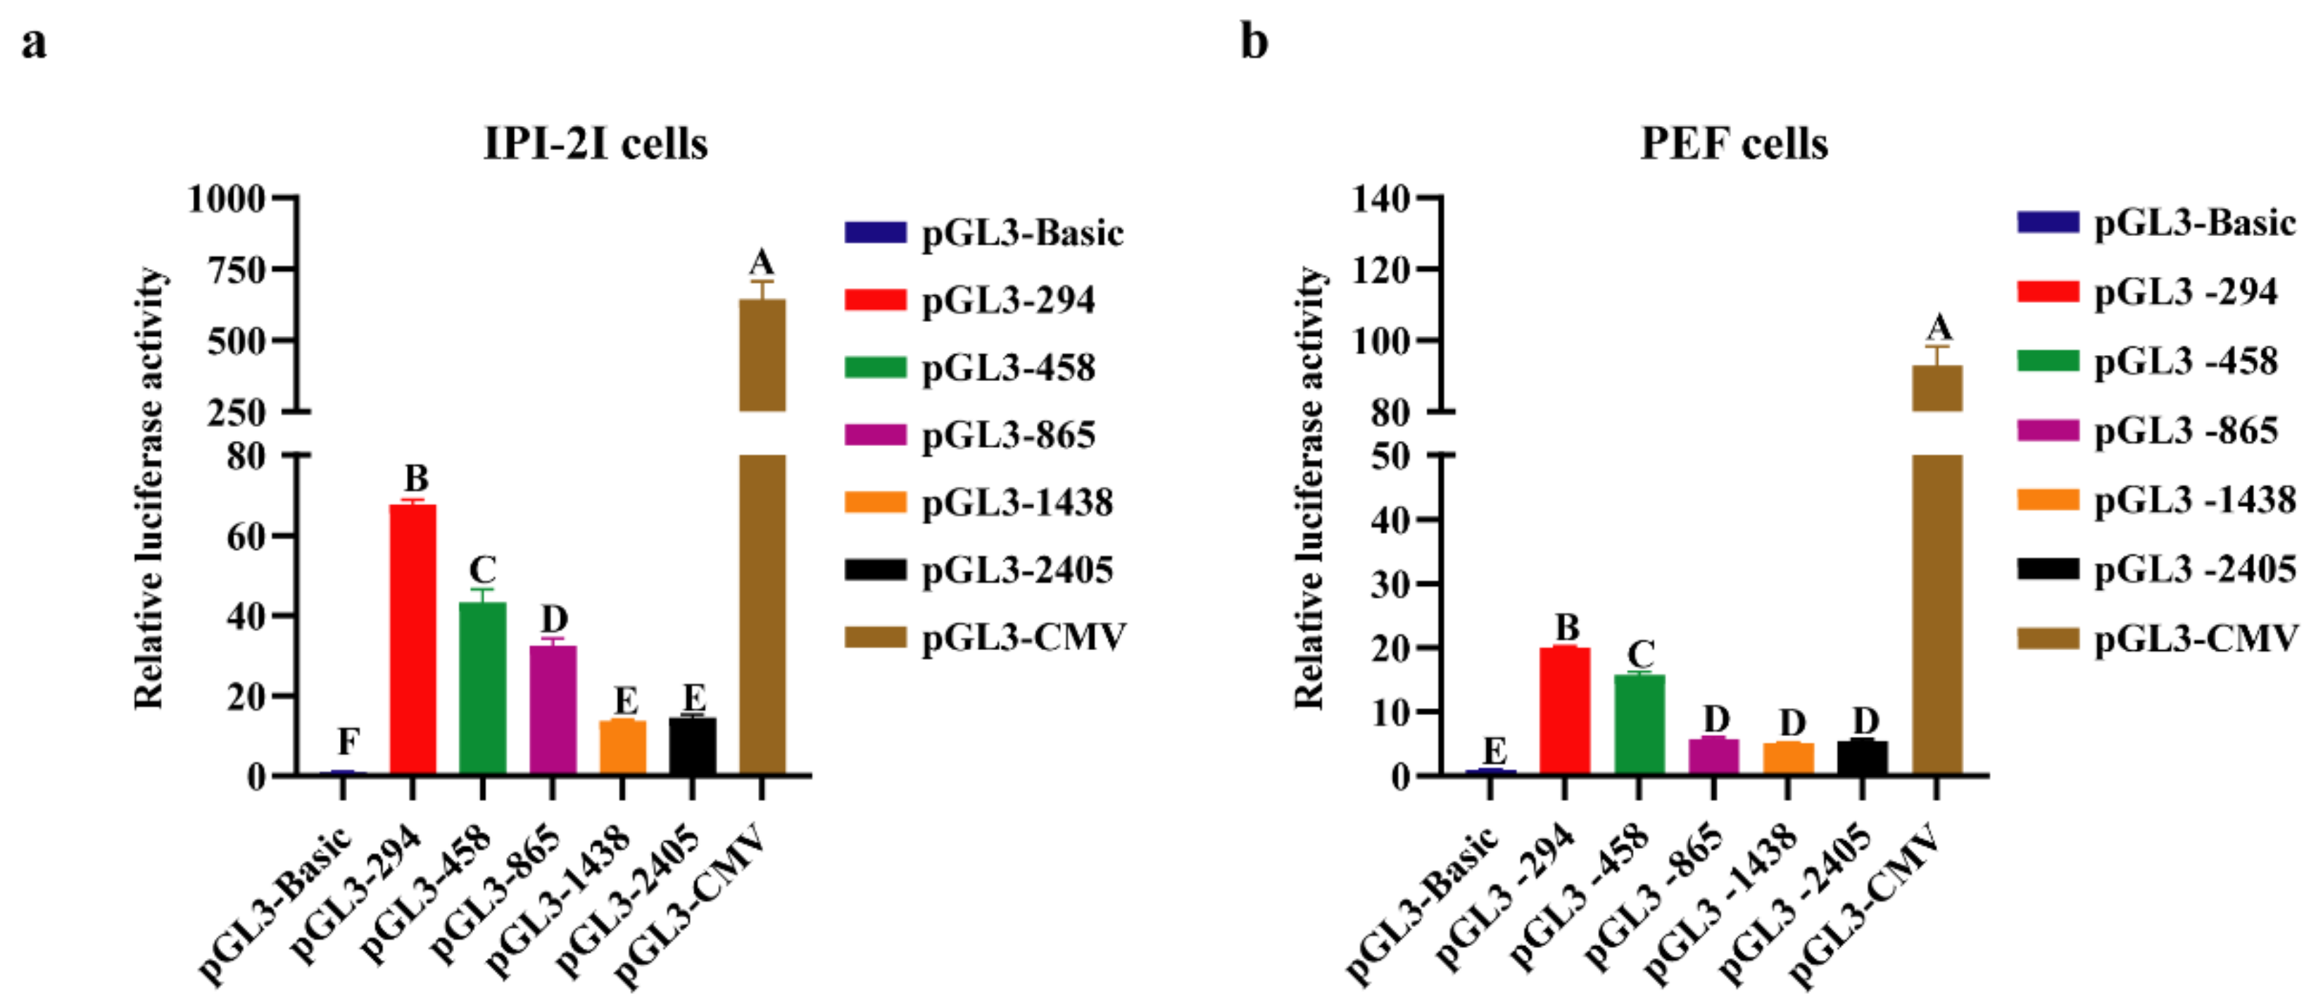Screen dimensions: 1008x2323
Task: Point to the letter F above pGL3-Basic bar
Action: coord(348,742)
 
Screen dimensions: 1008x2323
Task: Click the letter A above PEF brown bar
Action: coord(1938,328)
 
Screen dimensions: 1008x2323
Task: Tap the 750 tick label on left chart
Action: coord(237,269)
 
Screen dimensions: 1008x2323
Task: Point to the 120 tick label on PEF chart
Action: coord(1380,269)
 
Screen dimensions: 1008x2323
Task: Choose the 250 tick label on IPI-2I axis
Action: coord(237,412)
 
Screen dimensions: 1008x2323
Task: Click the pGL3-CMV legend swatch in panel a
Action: coord(875,637)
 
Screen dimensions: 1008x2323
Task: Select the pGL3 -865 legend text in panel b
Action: coord(2185,430)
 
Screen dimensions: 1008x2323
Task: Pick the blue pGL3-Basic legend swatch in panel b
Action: coord(2047,222)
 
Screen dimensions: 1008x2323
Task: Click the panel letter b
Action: coord(1254,42)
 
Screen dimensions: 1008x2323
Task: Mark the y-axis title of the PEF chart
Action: coord(1309,487)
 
